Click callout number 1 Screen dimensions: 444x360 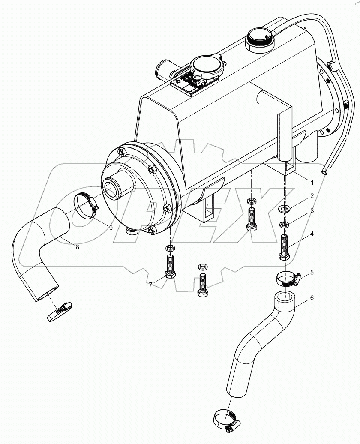(x=312, y=182)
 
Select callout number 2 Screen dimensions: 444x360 (x=312, y=196)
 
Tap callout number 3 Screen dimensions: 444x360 (x=312, y=210)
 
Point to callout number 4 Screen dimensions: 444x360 (x=312, y=234)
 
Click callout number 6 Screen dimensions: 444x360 (x=312, y=297)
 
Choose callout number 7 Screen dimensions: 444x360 (x=150, y=284)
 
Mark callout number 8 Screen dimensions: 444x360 (x=78, y=247)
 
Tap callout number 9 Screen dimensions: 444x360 (x=111, y=228)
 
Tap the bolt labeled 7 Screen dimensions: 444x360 (x=169, y=267)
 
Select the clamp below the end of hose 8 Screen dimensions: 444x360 (x=59, y=310)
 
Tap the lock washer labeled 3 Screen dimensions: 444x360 (x=284, y=224)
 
